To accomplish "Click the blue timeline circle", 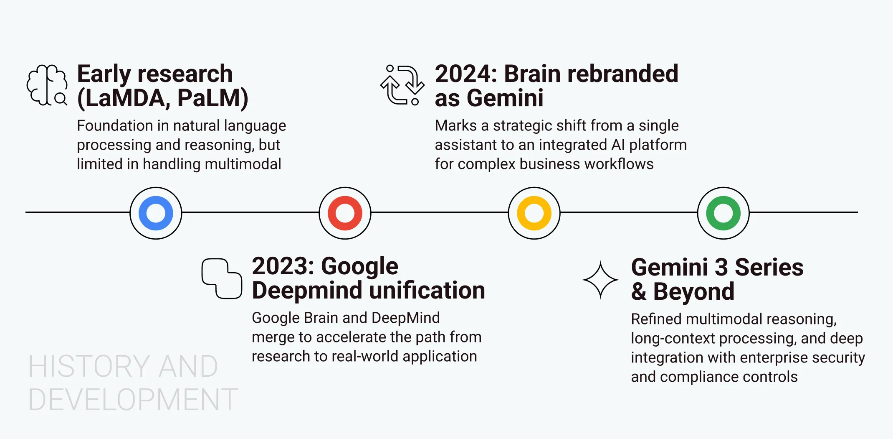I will tap(156, 213).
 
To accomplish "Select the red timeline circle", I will tap(345, 213).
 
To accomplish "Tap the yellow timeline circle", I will tap(534, 213).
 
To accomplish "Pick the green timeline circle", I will tap(723, 213).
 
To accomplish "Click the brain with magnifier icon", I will tap(47, 85).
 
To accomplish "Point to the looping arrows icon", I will tap(402, 85).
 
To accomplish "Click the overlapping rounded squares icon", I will tap(222, 278).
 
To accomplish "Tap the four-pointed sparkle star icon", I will tap(600, 280).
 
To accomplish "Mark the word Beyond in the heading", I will tap(693, 292).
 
